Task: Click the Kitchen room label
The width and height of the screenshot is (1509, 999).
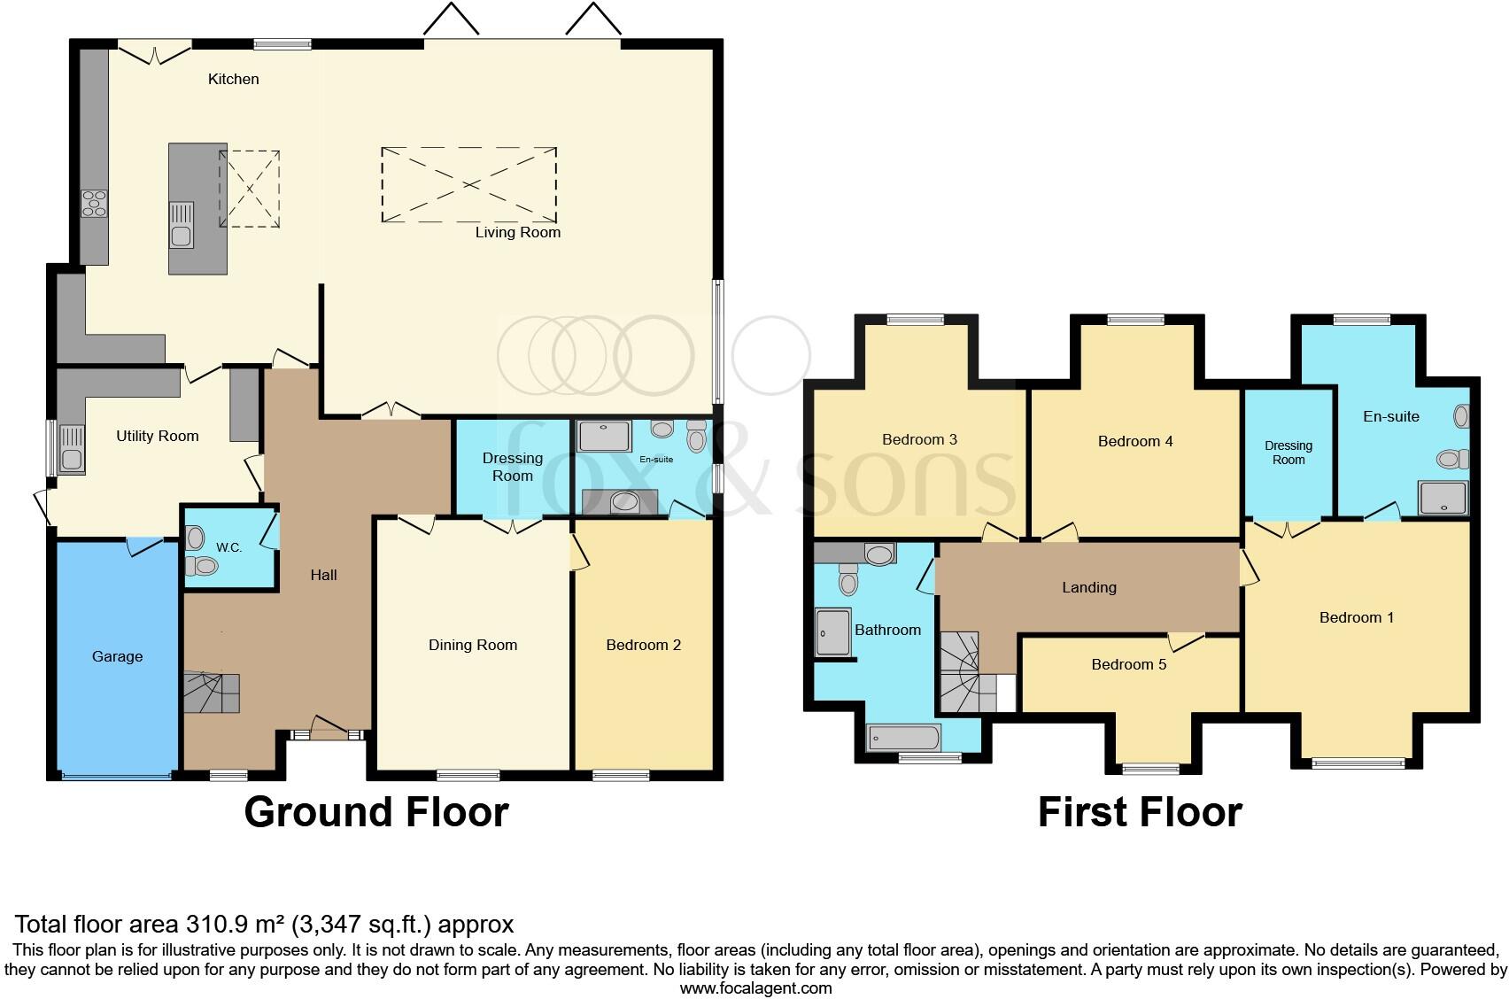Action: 233,79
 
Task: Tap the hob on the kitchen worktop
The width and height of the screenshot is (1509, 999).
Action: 94,204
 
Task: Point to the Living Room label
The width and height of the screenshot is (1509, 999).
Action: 517,232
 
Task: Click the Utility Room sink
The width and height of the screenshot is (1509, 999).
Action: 72,448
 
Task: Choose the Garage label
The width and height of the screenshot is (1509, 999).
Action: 117,656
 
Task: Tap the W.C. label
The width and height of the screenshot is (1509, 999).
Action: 229,547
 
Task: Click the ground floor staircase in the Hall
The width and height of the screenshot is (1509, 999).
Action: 211,692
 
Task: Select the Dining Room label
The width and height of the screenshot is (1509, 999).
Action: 473,645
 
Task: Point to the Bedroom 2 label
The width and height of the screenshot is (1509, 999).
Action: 643,645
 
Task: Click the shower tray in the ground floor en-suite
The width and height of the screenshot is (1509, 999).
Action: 605,436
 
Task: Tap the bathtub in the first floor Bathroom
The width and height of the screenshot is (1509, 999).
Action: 902,738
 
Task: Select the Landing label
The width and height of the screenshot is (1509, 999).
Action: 1089,587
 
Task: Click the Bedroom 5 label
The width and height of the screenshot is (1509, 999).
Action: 1128,664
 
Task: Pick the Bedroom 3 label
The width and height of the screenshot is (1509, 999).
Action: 919,440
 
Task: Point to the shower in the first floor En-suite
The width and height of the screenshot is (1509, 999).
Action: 1443,499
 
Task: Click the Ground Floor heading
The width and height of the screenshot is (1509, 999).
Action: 376,812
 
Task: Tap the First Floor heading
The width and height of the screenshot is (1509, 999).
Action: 1140,812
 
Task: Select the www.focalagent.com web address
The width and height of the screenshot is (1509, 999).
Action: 756,988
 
